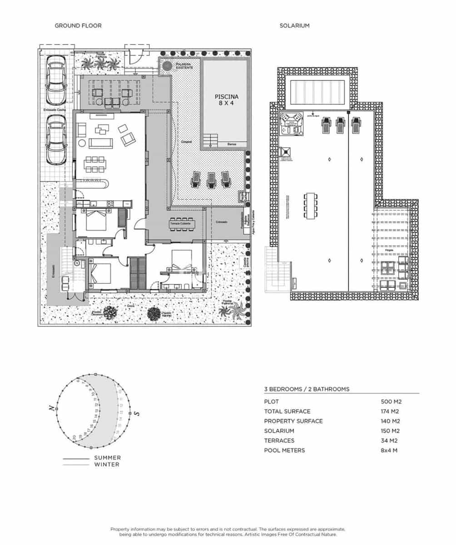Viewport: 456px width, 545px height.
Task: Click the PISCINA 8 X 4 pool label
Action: tap(226, 100)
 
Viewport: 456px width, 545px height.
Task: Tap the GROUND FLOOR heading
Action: tap(78, 26)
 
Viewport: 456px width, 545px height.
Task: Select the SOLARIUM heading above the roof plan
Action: tap(294, 26)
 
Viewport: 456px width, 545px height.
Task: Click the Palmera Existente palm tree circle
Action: tap(167, 66)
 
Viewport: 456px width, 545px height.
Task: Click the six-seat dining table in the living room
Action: tap(94, 164)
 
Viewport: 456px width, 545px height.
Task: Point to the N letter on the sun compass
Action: tap(52, 408)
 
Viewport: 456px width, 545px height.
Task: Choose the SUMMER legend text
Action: tap(108, 458)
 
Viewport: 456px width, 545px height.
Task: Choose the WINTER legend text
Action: tap(108, 465)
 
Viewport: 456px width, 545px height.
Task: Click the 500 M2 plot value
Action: tap(391, 401)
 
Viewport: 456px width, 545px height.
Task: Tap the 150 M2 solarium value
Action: tap(391, 431)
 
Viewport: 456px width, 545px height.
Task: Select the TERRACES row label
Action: tap(279, 441)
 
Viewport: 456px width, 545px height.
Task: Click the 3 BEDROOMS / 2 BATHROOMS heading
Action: tap(307, 389)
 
